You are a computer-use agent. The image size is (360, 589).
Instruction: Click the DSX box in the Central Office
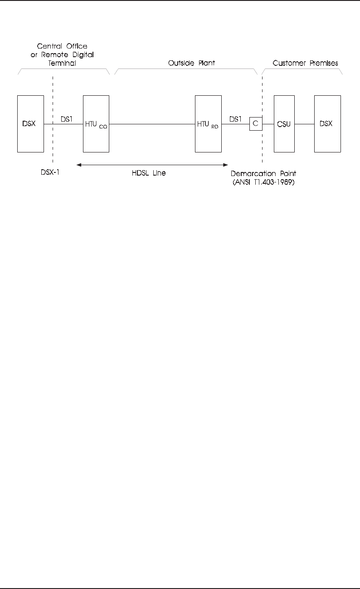30,123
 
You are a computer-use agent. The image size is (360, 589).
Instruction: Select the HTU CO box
96,123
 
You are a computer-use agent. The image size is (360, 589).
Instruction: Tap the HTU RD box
208,123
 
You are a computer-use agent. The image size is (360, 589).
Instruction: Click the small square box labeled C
255,124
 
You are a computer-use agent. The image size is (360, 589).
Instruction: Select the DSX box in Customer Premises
327,123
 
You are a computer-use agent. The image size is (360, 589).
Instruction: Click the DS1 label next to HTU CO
67,119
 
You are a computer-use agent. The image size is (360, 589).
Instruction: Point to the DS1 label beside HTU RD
235,119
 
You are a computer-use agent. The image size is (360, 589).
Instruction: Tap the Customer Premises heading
305,63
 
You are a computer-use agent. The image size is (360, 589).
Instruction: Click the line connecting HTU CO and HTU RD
152,124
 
